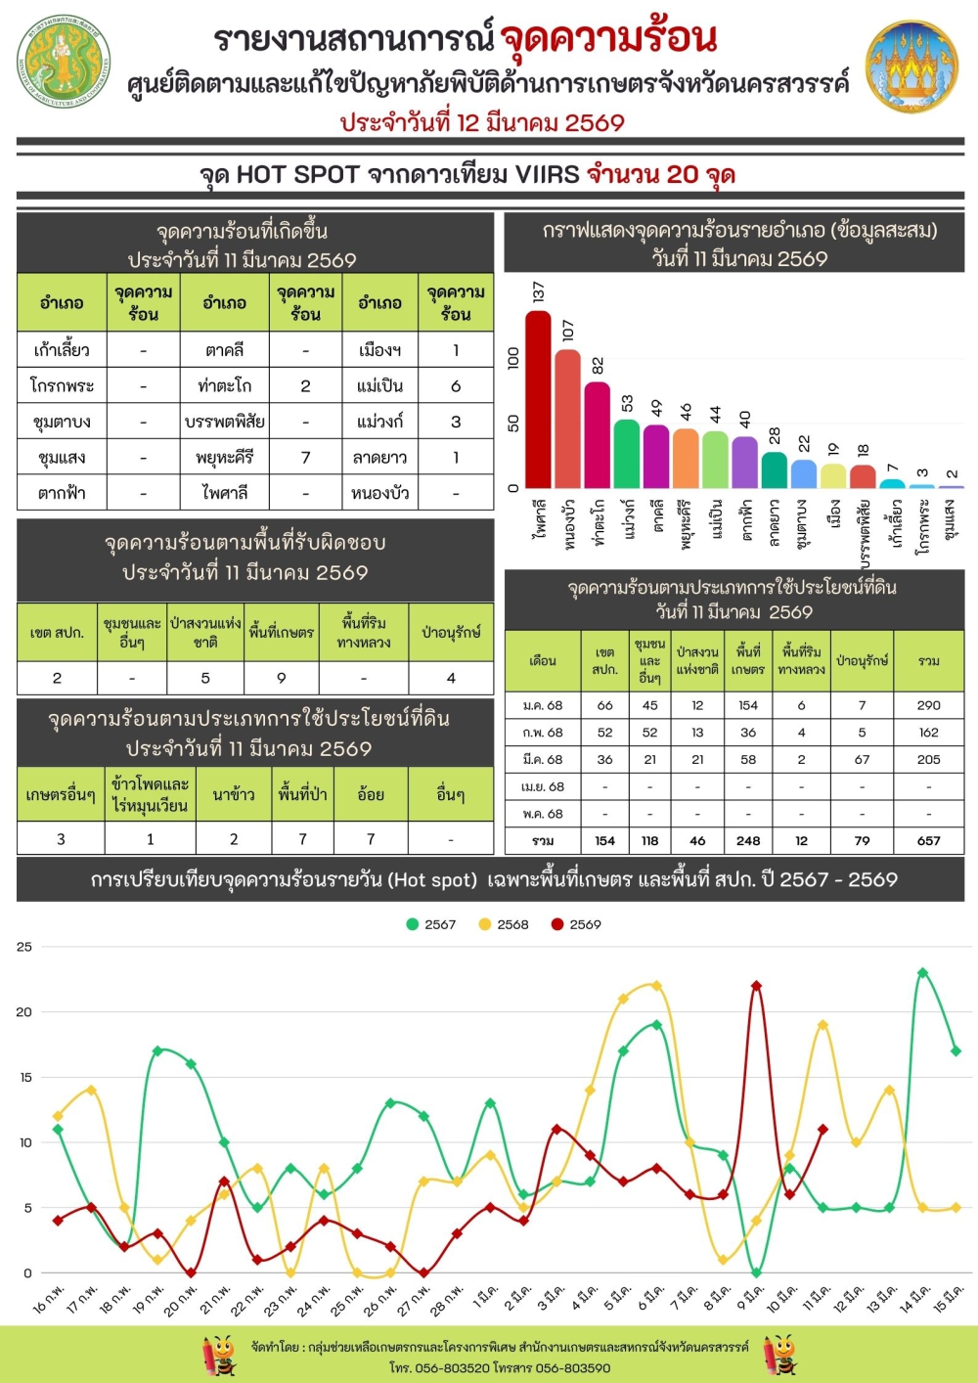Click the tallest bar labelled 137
point(538,399)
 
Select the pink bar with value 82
point(598,434)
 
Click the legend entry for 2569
point(576,924)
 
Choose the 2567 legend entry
point(431,924)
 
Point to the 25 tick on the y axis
point(23,947)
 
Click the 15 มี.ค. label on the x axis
point(947,1299)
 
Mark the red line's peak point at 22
point(756,986)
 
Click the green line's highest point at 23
point(922,973)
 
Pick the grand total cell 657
point(928,840)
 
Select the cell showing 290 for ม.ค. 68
point(928,705)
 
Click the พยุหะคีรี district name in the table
point(225,457)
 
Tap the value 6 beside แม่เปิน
point(456,385)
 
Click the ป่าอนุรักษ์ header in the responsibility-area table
point(451,633)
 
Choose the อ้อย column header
point(371,795)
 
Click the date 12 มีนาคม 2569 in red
point(482,122)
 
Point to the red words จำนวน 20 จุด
point(661,175)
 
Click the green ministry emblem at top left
point(64,61)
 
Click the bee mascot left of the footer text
point(219,1356)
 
